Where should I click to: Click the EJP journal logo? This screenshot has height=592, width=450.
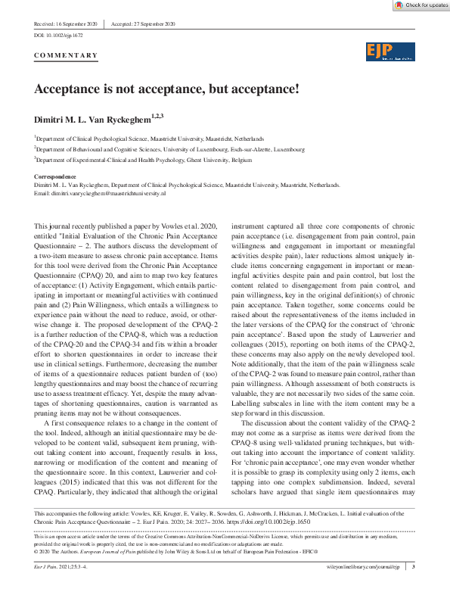390,51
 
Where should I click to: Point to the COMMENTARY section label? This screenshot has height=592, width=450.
67,55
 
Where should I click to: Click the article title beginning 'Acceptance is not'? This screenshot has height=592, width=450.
166,88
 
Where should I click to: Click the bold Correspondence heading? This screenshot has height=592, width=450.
56,177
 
